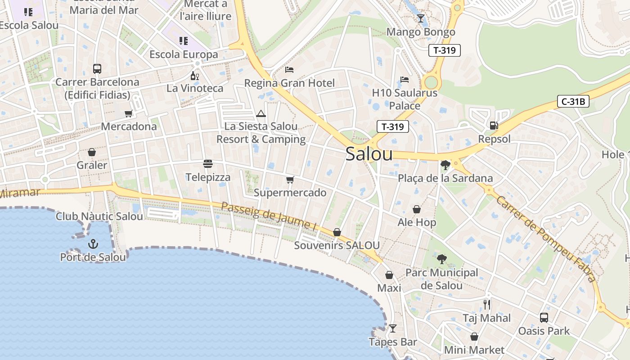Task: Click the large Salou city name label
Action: coord(369,154)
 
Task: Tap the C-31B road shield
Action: coord(573,101)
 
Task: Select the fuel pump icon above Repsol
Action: coord(494,126)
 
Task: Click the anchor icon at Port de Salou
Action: coord(93,244)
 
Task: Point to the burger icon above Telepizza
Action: coord(207,163)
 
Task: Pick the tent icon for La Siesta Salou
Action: coord(261,113)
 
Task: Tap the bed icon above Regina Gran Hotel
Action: coord(289,70)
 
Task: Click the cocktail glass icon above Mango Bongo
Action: coord(421,18)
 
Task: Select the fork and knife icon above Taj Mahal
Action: coord(487,304)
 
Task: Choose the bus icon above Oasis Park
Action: coord(544,317)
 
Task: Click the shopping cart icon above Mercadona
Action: coord(129,113)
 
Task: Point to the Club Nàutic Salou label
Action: coord(99,216)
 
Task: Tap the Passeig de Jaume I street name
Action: coord(267,216)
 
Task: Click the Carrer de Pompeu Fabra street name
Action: coord(545,238)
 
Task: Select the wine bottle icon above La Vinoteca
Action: coord(195,76)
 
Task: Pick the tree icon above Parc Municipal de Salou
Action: coord(442,259)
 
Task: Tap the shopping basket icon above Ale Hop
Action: coord(417,209)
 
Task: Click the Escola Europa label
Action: coord(184,54)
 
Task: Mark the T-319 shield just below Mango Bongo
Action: coord(445,50)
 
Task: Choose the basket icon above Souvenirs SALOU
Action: coord(337,232)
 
